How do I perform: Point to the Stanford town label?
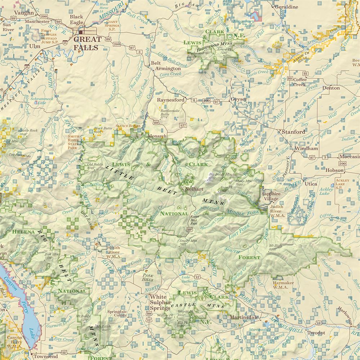coord(293,132)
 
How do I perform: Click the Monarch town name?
coord(157,136)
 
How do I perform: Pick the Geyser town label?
coord(239,99)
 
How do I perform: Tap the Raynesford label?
coord(171,100)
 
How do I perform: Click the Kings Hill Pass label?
coord(195,219)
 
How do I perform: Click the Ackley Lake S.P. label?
coord(342,184)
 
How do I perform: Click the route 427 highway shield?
coord(183,125)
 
